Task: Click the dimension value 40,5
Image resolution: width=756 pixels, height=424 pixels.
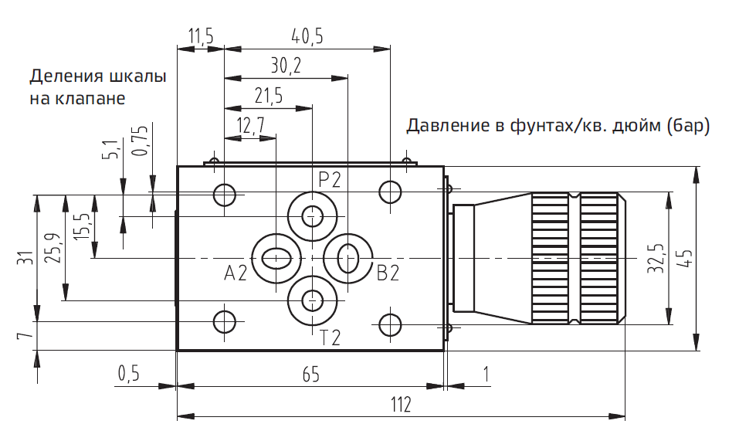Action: pos(307,36)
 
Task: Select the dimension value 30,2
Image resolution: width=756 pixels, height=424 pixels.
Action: pos(286,66)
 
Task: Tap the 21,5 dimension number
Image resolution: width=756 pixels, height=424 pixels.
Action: pos(268,96)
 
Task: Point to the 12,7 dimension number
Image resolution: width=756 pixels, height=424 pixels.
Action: pos(250,125)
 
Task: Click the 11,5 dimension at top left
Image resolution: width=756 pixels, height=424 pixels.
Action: pos(200,36)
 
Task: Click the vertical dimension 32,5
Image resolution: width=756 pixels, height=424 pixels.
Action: pos(656,258)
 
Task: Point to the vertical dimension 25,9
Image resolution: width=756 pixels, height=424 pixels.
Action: pos(53,248)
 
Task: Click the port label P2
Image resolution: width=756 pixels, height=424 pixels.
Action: pos(330,180)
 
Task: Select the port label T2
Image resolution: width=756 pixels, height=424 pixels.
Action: pos(331,338)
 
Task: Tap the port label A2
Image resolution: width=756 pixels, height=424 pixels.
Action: pos(236,273)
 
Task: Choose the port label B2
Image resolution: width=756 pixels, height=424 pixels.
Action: pos(388,273)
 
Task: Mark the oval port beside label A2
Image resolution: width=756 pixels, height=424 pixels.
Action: pos(276,257)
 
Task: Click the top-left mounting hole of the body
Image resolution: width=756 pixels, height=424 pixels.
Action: pos(225,195)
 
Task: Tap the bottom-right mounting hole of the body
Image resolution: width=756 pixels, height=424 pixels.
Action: pos(391,323)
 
